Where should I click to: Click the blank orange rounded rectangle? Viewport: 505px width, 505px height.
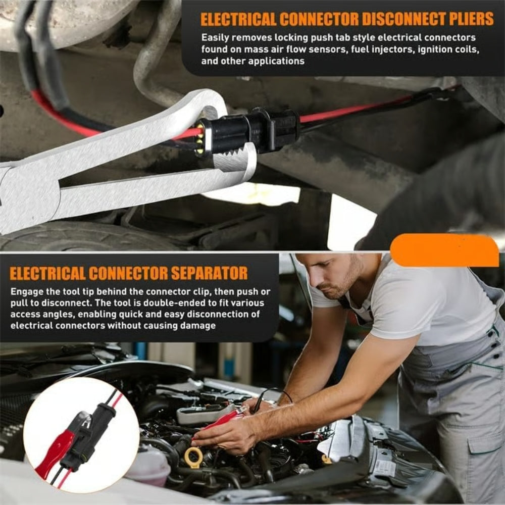coord(444,250)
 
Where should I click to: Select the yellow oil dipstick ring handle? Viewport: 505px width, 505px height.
coord(193,457)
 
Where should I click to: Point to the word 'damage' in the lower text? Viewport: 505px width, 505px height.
coord(198,326)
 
